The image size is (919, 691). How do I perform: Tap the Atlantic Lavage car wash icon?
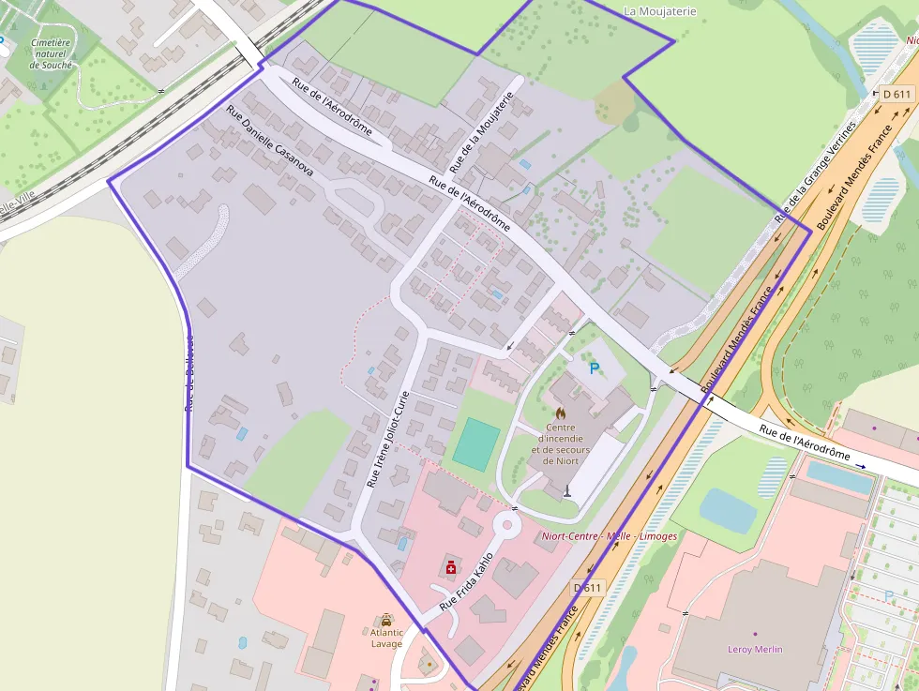(x=386, y=620)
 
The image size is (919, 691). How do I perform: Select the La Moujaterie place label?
(x=660, y=11)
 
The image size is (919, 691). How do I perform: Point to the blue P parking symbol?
(x=593, y=369)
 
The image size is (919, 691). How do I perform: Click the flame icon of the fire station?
(x=561, y=412)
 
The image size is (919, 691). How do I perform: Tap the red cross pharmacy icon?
(x=451, y=567)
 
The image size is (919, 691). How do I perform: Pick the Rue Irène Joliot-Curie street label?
(x=389, y=438)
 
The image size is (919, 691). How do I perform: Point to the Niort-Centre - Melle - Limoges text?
(x=610, y=536)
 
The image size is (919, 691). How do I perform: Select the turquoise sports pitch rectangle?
(x=476, y=444)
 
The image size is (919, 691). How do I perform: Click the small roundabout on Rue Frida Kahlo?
(x=507, y=523)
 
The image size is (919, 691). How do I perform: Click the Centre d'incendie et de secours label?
(x=561, y=443)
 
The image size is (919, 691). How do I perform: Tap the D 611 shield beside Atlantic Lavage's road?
(x=587, y=588)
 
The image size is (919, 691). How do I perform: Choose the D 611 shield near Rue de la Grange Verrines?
(x=897, y=94)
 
